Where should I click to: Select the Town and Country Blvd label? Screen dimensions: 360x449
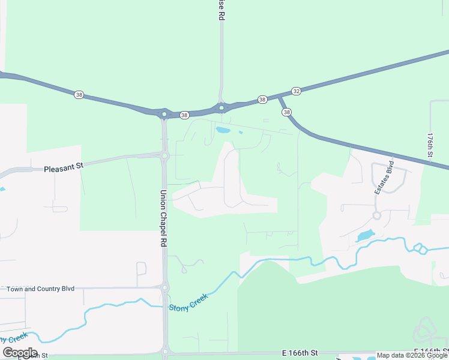pos(40,289)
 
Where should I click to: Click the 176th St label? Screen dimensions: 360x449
pos(430,146)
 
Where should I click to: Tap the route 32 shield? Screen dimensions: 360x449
pos(296,91)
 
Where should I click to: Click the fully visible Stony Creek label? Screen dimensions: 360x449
pos(188,302)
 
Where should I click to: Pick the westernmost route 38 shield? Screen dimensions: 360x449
pos(79,94)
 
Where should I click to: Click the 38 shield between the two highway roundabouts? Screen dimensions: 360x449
pos(184,115)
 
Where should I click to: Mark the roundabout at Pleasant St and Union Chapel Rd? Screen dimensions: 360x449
pos(164,156)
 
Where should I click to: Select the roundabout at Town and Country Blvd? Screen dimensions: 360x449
pos(164,287)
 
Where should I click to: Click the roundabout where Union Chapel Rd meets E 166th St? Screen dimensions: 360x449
pos(165,352)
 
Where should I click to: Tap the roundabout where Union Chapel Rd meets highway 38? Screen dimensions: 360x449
pos(164,113)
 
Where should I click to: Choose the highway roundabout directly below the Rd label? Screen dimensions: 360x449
pos(221,108)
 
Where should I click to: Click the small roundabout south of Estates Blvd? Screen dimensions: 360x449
pos(376,215)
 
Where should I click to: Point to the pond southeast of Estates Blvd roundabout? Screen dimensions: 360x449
pos(365,235)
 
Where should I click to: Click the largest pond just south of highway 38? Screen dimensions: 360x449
pos(222,130)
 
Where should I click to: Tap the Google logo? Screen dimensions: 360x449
pos(20,353)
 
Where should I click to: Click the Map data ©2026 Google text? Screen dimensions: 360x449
pos(412,355)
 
